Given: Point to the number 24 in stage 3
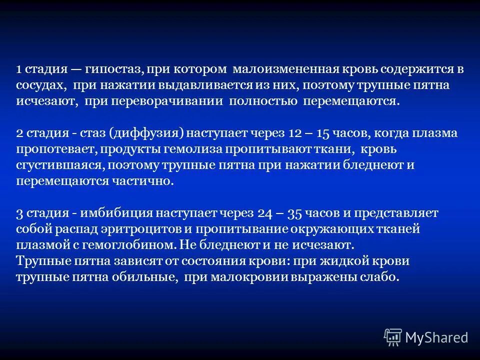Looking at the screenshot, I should pyautogui.click(x=265, y=213).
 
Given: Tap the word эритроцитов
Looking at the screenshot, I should pyautogui.click(x=157, y=229).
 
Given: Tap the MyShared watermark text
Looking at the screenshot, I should pyautogui.click(x=436, y=336).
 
